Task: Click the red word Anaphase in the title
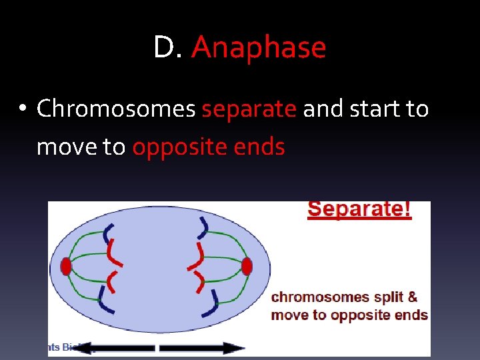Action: pos(259,48)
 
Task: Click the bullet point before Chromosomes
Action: pos(23,109)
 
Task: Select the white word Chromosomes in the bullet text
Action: pos(116,108)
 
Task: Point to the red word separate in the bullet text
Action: pos(249,109)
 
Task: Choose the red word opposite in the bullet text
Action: pos(183,147)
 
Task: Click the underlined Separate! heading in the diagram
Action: pos(359,209)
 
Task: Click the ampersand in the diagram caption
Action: pos(413,297)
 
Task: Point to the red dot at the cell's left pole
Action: pos(65,267)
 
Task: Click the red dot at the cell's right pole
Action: pos(247,267)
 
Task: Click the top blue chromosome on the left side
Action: pos(107,233)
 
